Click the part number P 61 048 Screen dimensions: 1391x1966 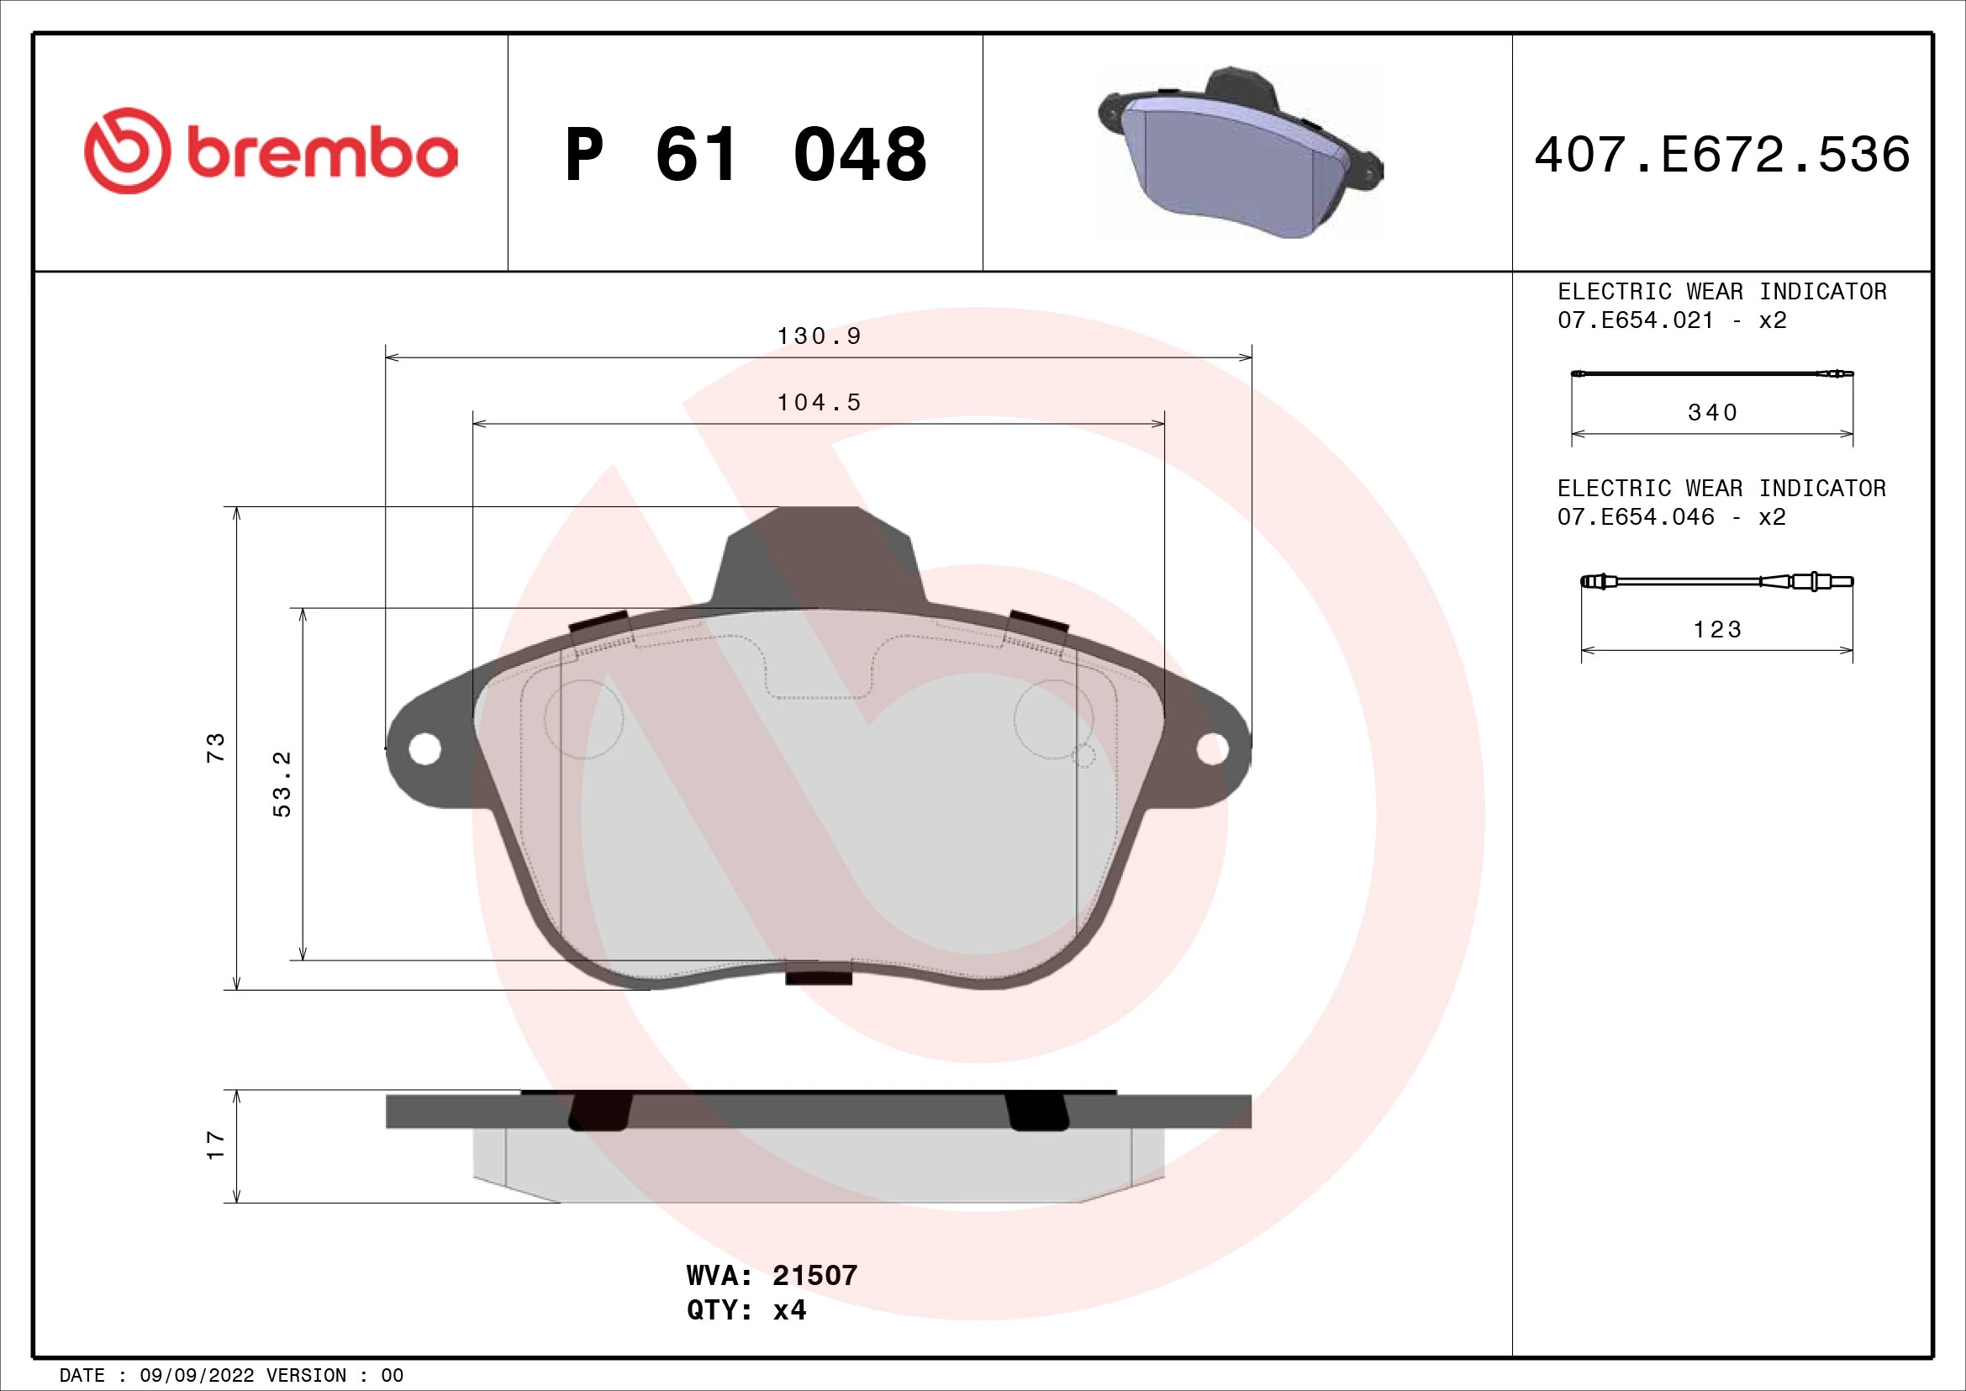[x=745, y=155]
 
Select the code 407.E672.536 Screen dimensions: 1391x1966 [x=1722, y=155]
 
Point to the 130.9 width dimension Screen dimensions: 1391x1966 [x=819, y=336]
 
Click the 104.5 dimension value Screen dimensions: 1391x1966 [x=819, y=403]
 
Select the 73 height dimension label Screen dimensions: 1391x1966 [x=216, y=748]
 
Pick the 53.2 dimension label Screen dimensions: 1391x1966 [x=282, y=784]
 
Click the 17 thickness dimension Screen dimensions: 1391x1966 [x=216, y=1145]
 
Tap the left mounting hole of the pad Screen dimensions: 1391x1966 [x=424, y=749]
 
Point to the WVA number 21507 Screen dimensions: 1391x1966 [x=814, y=1277]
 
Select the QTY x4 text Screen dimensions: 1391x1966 [x=746, y=1310]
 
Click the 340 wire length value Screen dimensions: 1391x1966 [x=1711, y=413]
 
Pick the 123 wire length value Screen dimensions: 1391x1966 [x=1717, y=631]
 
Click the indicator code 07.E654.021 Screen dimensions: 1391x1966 [x=1636, y=320]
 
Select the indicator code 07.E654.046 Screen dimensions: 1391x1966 [x=1636, y=517]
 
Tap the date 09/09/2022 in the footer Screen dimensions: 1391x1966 [x=197, y=1376]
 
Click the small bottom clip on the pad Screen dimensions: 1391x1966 [x=819, y=974]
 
